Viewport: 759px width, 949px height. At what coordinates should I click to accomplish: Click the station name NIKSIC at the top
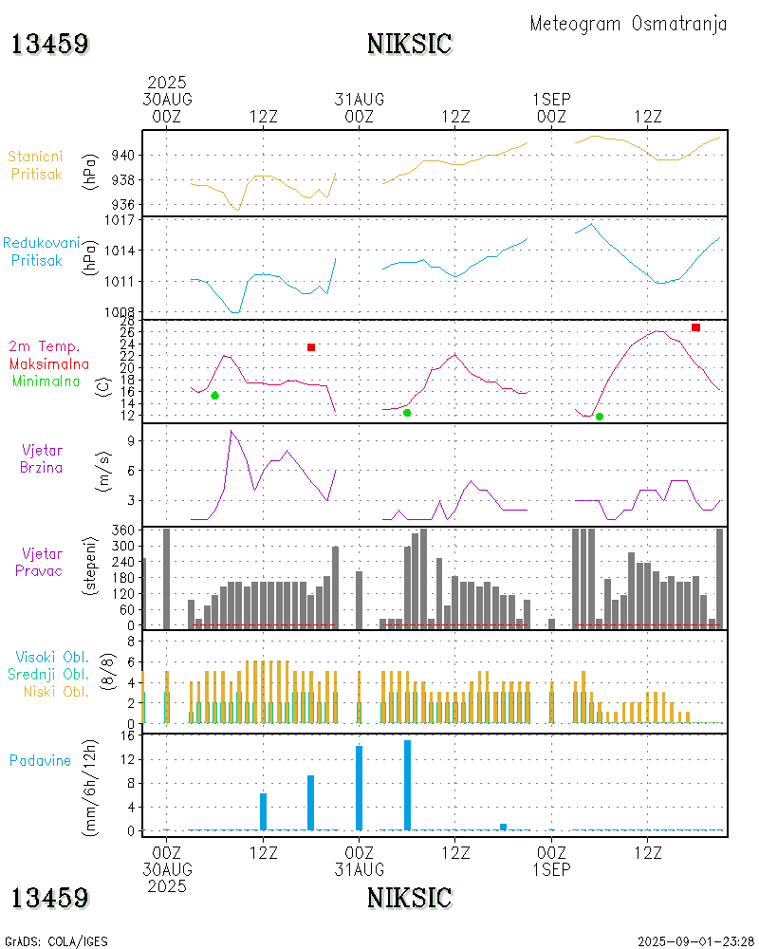(409, 44)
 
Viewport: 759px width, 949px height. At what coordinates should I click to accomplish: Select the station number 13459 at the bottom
(50, 897)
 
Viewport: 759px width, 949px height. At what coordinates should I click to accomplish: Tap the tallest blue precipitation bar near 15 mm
(407, 785)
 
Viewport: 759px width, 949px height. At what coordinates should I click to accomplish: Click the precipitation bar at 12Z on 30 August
(263, 811)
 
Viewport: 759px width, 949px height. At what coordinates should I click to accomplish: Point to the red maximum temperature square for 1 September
(695, 327)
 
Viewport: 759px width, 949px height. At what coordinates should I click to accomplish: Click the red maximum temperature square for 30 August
(311, 347)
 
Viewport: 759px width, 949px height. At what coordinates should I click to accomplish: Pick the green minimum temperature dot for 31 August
(407, 413)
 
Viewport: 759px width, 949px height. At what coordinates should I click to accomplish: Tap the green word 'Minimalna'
(46, 381)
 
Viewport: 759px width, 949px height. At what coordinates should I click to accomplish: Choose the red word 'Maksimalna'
(49, 363)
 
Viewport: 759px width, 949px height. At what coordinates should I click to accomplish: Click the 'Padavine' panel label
(40, 760)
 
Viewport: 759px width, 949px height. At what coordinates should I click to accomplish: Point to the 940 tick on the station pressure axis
(126, 155)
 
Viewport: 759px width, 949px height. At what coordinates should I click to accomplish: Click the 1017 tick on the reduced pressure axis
(123, 219)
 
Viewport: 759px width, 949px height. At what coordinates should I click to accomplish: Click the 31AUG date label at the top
(359, 99)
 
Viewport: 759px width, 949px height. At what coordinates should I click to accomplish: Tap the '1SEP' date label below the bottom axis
(551, 869)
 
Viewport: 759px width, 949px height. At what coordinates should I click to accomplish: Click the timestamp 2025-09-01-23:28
(695, 940)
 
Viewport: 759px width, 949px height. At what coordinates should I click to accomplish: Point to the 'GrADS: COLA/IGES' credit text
(57, 940)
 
